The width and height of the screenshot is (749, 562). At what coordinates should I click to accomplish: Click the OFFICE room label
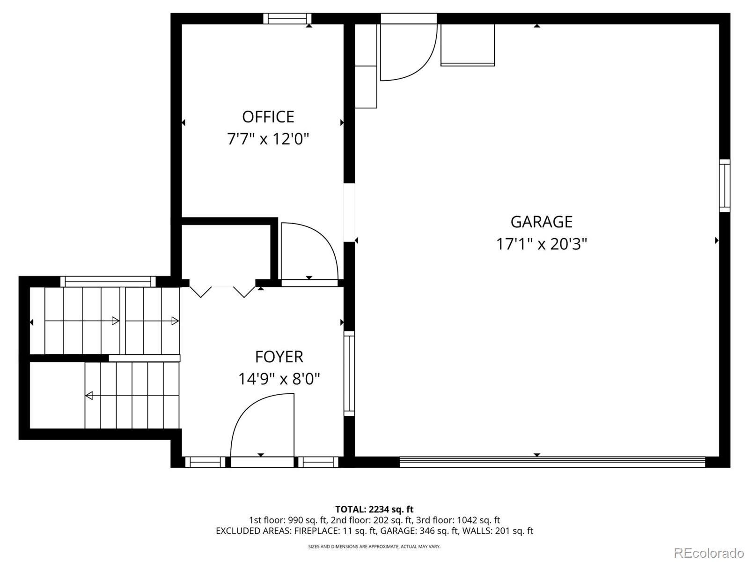268,117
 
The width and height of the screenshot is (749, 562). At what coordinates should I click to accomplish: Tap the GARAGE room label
541,222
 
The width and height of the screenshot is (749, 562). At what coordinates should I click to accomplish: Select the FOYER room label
279,357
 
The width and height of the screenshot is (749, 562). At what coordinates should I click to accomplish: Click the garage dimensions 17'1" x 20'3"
541,244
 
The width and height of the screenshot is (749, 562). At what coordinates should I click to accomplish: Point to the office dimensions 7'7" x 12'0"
268,139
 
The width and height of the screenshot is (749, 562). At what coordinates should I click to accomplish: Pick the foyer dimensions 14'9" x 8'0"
279,379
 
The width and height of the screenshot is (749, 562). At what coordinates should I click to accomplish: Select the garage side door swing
407,52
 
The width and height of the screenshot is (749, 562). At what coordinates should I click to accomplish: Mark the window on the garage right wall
724,186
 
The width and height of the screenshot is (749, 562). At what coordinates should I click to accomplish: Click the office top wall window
287,19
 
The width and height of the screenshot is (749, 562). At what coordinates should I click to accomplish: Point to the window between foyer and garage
349,373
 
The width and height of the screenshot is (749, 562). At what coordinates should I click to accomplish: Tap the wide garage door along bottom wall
552,462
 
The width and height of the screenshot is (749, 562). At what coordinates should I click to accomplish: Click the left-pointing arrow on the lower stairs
89,396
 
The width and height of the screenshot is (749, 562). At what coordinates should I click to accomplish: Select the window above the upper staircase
108,281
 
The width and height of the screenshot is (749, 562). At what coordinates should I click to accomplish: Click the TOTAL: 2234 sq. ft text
374,509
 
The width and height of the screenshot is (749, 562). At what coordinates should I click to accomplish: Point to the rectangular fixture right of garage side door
467,45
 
